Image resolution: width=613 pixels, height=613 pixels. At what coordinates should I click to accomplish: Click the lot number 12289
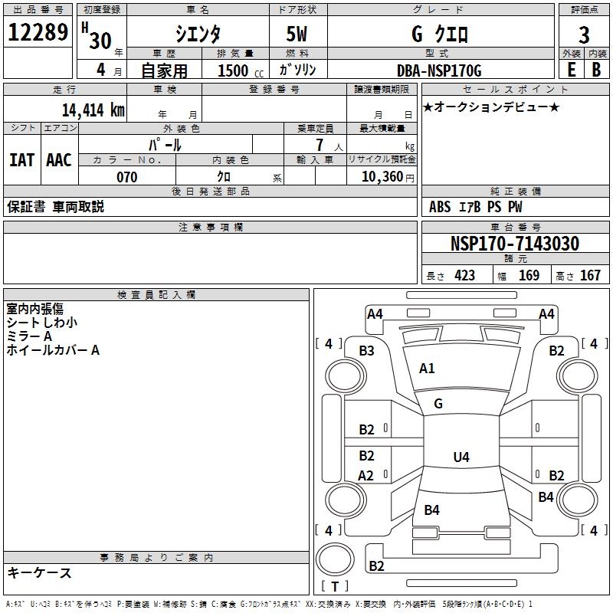click(x=38, y=33)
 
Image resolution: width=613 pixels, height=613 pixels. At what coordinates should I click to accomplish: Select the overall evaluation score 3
click(x=584, y=34)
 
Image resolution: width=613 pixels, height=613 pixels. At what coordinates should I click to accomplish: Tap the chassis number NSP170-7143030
click(x=514, y=244)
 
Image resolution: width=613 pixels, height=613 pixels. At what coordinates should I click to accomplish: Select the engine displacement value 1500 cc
click(x=233, y=70)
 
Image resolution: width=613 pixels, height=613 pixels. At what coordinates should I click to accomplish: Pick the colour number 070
click(x=126, y=177)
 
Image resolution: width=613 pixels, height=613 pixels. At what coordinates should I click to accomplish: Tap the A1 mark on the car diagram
click(x=427, y=369)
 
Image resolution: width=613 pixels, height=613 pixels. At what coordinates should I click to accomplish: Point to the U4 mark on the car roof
click(x=461, y=457)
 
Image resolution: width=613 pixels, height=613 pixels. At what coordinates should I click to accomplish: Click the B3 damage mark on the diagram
click(x=367, y=351)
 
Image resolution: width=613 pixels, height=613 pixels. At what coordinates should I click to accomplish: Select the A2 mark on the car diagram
click(x=366, y=476)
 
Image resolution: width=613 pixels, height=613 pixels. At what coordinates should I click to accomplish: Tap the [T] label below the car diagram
click(x=335, y=586)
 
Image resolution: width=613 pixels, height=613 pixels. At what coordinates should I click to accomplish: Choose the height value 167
click(x=590, y=275)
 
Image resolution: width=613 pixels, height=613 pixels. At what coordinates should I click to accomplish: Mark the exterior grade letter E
click(x=571, y=70)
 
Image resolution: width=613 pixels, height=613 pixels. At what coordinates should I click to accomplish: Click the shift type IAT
click(x=21, y=160)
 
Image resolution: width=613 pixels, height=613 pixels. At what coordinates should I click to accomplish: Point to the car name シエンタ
click(x=197, y=34)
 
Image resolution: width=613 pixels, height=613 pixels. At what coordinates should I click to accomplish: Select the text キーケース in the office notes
click(x=40, y=572)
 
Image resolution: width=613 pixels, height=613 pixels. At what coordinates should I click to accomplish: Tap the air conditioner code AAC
click(x=59, y=160)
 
